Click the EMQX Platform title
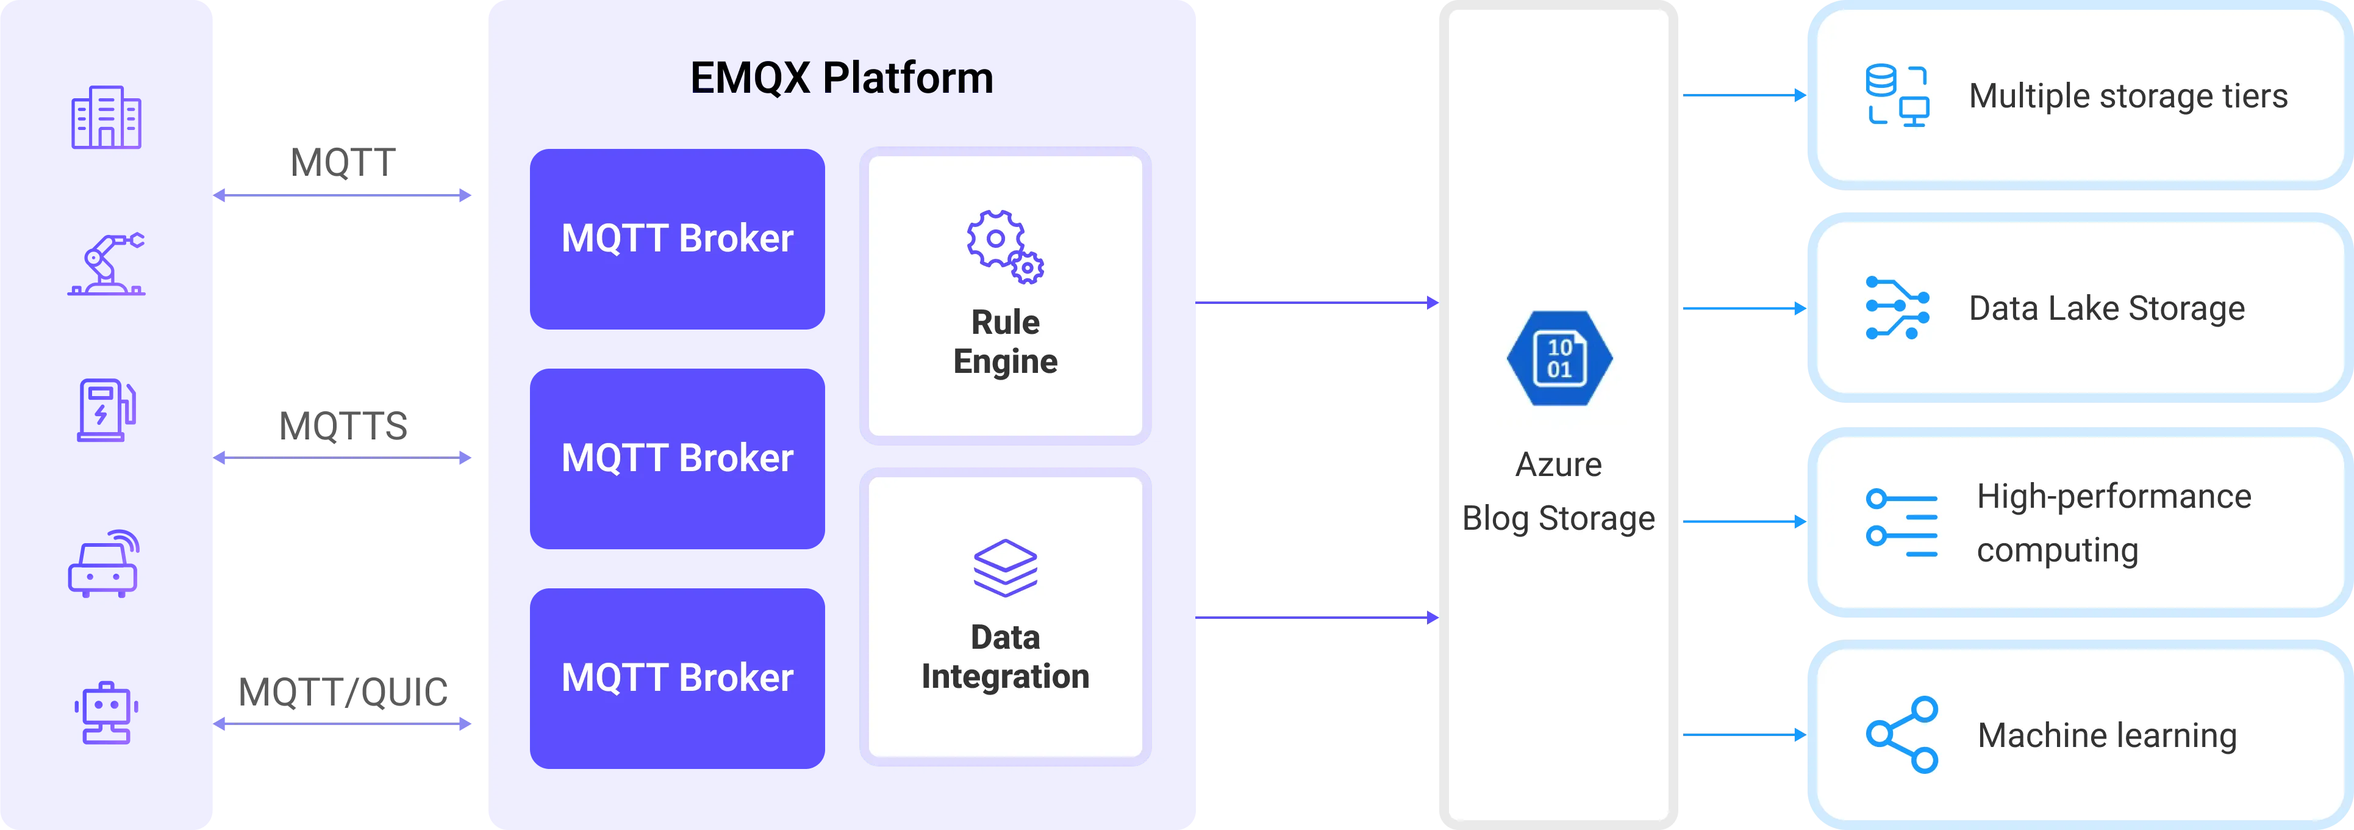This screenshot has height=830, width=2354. (841, 78)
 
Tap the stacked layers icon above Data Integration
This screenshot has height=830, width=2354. (1005, 568)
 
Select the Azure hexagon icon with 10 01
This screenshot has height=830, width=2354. (1559, 358)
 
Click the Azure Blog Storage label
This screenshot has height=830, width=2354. (1558, 492)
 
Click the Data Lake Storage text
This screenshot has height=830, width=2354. (2106, 308)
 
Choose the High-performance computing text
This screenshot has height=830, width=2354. (2113, 523)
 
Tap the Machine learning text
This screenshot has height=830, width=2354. (2106, 735)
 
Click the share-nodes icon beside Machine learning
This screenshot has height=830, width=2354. (1901, 735)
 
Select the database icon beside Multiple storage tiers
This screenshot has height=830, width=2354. (1896, 95)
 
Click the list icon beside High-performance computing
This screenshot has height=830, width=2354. (1901, 523)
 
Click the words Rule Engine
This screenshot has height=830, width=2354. (1005, 342)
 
